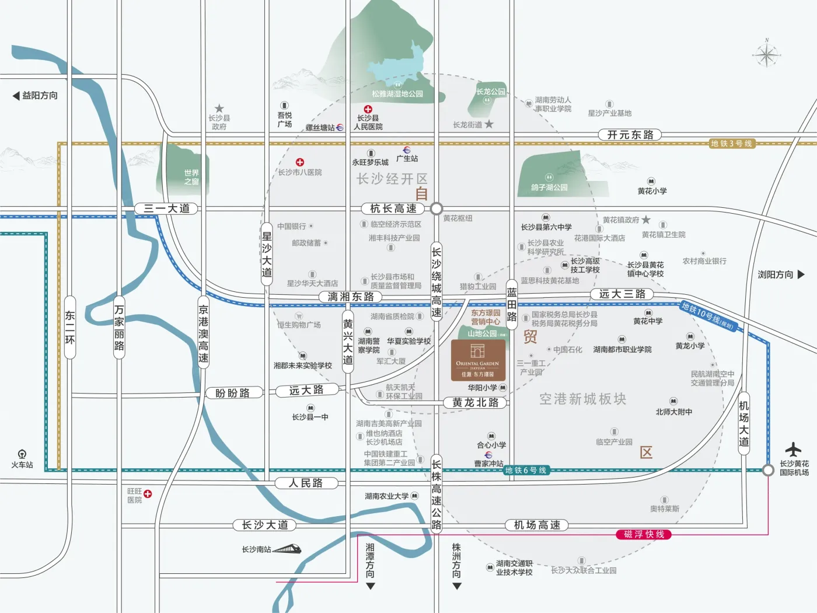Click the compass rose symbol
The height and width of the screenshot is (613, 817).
[x=766, y=55]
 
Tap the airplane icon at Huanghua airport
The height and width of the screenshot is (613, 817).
[x=793, y=450]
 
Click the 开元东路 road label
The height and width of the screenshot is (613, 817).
[x=630, y=135]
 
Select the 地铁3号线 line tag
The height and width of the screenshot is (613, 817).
[x=732, y=144]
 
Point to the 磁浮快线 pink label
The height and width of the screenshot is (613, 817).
[x=644, y=534]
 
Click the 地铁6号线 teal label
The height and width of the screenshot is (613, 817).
[x=526, y=471]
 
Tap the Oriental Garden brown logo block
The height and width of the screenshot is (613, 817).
[x=478, y=360]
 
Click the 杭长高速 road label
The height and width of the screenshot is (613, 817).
[x=393, y=208]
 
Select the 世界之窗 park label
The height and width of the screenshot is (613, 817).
[x=191, y=177]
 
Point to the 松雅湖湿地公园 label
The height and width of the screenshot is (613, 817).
[x=397, y=93]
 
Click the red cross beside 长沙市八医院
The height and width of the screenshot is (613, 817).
[x=300, y=162]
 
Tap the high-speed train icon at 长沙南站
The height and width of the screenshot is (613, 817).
[x=287, y=549]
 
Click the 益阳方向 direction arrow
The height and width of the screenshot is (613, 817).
[x=16, y=96]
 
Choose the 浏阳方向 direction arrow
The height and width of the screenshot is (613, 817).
[x=801, y=274]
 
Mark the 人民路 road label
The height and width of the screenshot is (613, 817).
[x=306, y=483]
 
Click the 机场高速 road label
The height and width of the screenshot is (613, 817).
[x=537, y=525]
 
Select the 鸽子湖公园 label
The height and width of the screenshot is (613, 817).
[x=549, y=187]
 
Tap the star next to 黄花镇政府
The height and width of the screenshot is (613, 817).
[x=646, y=220]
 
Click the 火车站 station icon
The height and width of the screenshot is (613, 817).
[x=22, y=454]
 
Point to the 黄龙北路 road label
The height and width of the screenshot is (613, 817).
[x=475, y=402]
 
